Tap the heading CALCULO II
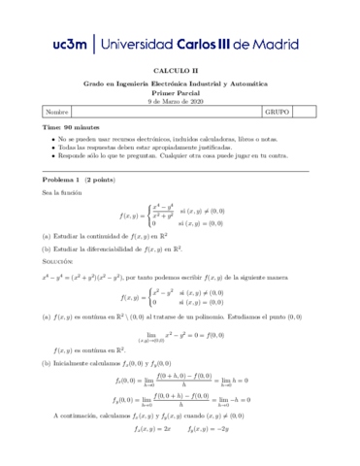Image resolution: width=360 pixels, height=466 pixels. click(x=180, y=71)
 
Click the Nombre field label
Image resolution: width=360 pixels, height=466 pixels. click(x=57, y=113)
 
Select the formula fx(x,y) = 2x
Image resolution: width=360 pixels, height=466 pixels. click(x=152, y=454)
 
